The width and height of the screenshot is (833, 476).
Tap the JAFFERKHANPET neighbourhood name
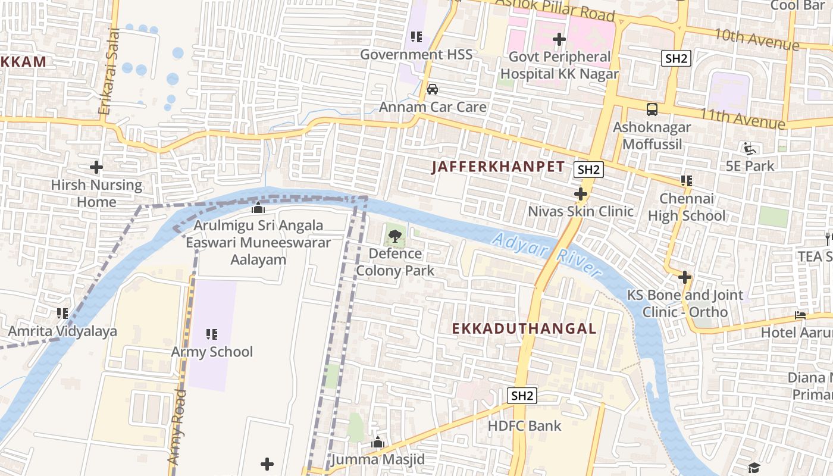[497, 167]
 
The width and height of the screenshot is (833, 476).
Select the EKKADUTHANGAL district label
[524, 328]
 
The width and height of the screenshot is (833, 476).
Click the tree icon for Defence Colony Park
[394, 237]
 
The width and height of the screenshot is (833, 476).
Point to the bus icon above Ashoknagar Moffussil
[652, 109]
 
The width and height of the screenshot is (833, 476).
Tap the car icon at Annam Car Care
[433, 89]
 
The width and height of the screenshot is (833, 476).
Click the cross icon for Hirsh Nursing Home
[96, 167]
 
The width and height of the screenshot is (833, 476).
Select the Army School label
[212, 352]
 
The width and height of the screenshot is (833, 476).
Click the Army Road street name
[177, 427]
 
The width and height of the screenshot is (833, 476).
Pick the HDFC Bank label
[524, 425]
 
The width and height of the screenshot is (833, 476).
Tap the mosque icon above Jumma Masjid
[377, 442]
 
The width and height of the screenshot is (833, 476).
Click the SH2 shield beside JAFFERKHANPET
[589, 170]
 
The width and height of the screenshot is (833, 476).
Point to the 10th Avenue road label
[756, 39]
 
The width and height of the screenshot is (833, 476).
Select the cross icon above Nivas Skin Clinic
[581, 194]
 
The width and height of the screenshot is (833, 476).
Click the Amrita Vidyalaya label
[62, 331]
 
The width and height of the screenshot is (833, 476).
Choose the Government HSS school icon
[416, 37]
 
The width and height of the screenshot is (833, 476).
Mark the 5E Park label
[750, 166]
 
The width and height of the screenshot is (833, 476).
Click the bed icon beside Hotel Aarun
[800, 315]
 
